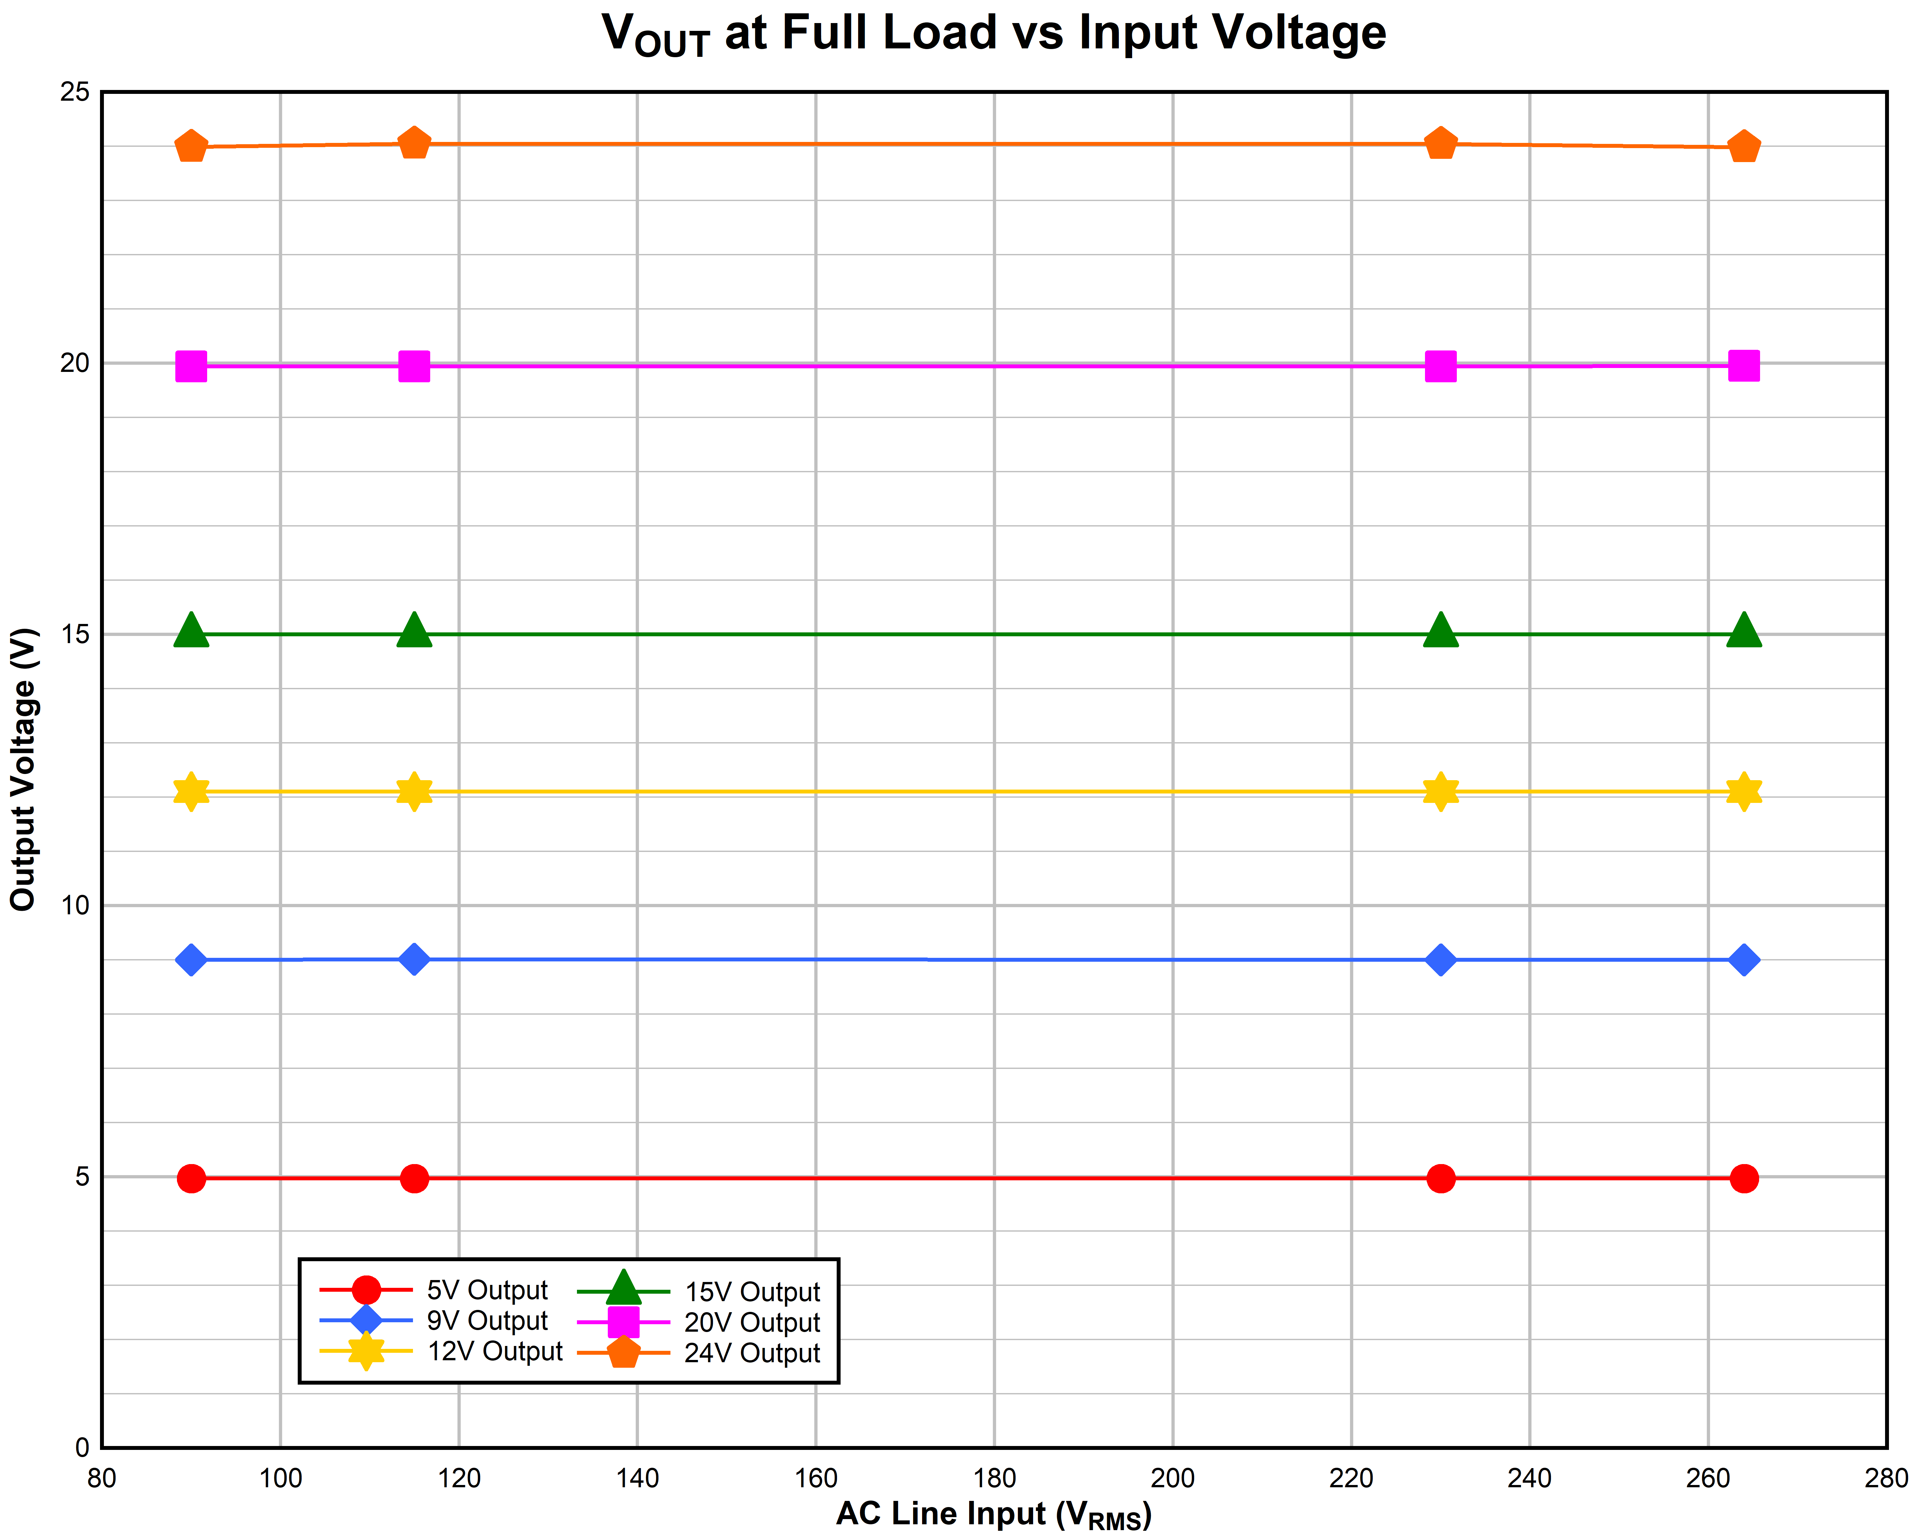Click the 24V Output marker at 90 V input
(191, 146)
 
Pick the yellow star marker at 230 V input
(1440, 791)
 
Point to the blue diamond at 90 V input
(191, 960)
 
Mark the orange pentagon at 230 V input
(1440, 144)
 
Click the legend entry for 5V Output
(487, 1290)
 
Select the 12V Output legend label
(495, 1351)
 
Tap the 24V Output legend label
(752, 1353)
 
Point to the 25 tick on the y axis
(76, 92)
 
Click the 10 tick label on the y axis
(76, 906)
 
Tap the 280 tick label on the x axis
(1886, 1479)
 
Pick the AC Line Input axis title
(994, 1515)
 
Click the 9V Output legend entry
(487, 1321)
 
